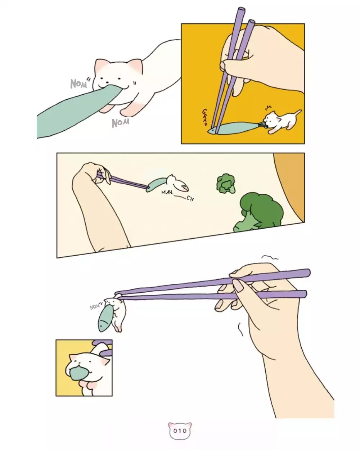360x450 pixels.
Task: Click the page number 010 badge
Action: point(180,431)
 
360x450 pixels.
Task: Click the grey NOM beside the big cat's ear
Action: point(78,84)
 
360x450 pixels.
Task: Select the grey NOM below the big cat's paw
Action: point(120,123)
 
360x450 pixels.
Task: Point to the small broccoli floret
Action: point(226,184)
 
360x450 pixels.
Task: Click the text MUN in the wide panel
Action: point(167,192)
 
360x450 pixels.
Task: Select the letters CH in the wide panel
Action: point(190,199)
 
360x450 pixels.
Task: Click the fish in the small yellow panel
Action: point(77,373)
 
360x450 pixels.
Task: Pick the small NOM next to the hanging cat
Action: point(95,307)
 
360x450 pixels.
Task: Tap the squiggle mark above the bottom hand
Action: point(270,258)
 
